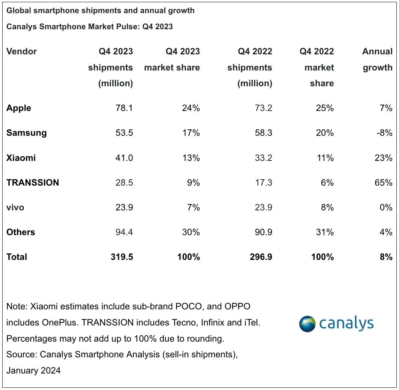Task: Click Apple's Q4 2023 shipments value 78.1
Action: (124, 108)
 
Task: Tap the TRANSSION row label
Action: (33, 183)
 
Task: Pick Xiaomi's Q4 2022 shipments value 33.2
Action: (263, 158)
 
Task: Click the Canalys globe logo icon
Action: (307, 324)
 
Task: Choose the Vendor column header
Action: (21, 51)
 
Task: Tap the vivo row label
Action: (15, 207)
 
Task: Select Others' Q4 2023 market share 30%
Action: (190, 232)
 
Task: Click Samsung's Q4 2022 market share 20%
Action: (324, 133)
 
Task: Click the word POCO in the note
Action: (195, 306)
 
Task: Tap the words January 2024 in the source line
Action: (33, 370)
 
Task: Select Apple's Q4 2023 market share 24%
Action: (190, 108)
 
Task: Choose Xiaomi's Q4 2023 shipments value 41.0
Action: (124, 158)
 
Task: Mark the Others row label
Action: (21, 232)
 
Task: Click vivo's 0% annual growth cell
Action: (385, 207)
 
